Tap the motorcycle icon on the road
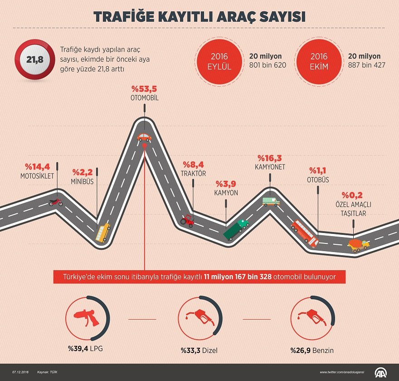pyautogui.click(x=56, y=202)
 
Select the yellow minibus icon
pyautogui.click(x=103, y=232)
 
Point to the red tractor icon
pyautogui.click(x=187, y=220)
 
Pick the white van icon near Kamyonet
pyautogui.click(x=271, y=201)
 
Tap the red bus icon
pyautogui.click(x=304, y=233)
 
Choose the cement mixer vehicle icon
pyautogui.click(x=358, y=245)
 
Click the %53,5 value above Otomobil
pyautogui.click(x=145, y=88)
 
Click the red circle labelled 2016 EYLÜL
pyautogui.click(x=219, y=61)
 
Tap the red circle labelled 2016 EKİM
pyautogui.click(x=319, y=61)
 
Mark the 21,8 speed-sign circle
pyautogui.click(x=32, y=59)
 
